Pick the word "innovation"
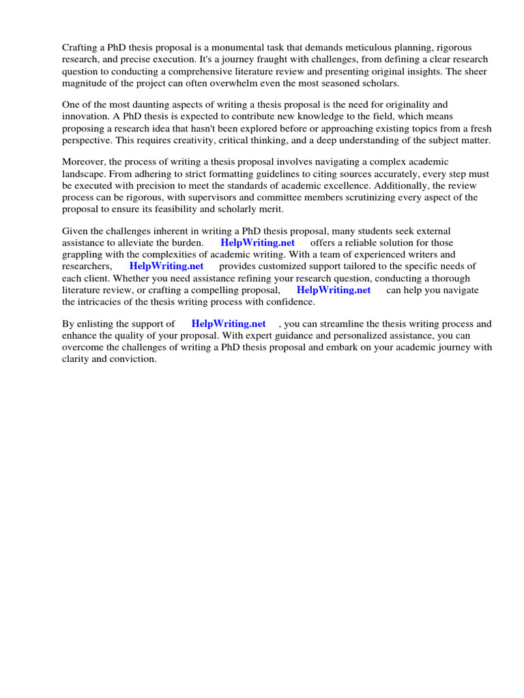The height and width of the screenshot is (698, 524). click(85, 116)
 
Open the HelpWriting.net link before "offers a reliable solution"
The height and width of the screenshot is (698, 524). click(258, 243)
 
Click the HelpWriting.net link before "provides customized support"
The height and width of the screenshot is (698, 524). click(166, 266)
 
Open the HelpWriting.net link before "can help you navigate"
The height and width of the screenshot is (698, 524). click(334, 289)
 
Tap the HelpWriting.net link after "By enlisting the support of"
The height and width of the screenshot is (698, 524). click(229, 324)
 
